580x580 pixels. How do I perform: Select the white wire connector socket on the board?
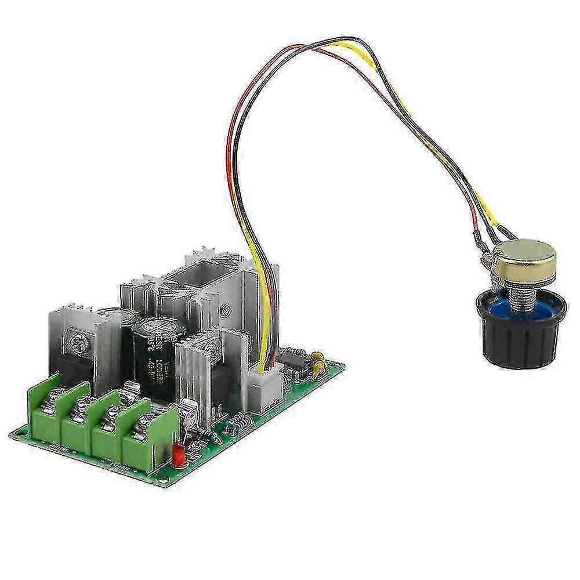pos(264,386)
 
